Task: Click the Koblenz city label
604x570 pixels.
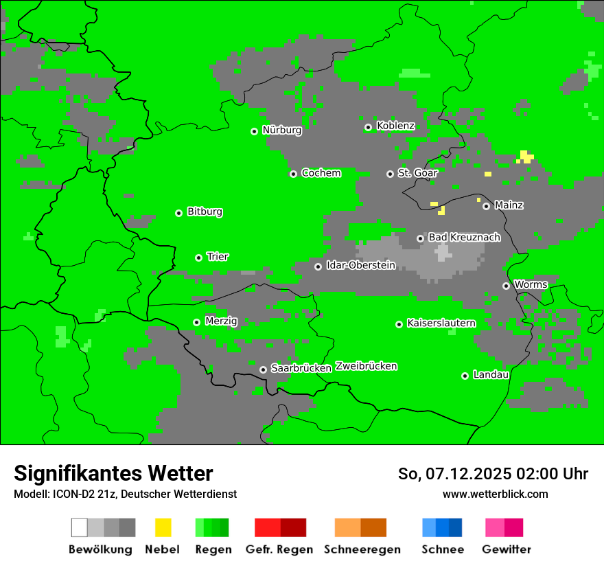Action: coord(395,126)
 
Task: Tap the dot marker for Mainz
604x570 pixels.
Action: coord(486,206)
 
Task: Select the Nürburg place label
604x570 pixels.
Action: coord(281,130)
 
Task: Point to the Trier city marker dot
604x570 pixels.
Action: coord(198,258)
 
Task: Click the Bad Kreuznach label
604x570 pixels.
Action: coord(464,238)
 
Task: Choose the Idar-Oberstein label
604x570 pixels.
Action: coord(361,266)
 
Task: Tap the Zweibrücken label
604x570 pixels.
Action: coord(366,367)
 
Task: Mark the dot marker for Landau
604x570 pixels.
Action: coord(465,376)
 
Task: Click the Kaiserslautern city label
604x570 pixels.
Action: coord(441,323)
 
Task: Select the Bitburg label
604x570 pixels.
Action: coord(205,212)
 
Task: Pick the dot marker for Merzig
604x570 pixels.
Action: coord(196,322)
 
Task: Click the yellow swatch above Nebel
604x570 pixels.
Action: coord(163,527)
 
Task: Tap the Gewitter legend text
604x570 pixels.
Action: coord(507,549)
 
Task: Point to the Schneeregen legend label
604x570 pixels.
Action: coord(362,549)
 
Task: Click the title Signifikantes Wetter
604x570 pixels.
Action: coord(113,473)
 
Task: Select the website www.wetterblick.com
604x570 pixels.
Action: coord(495,494)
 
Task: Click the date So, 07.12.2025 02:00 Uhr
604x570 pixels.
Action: coord(493,474)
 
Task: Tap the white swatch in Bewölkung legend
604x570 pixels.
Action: coord(80,527)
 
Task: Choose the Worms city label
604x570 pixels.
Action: coord(531,284)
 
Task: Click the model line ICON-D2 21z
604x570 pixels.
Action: coord(125,494)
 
